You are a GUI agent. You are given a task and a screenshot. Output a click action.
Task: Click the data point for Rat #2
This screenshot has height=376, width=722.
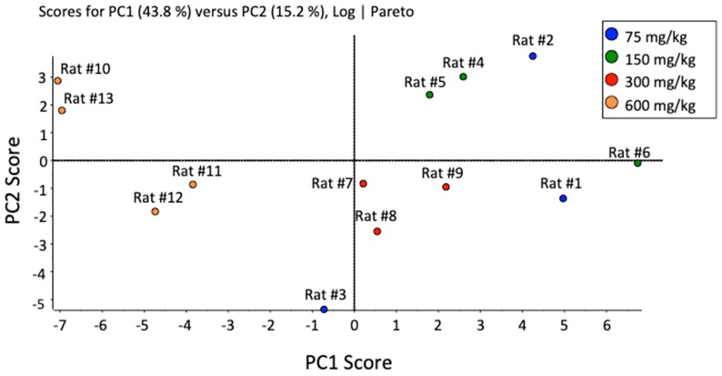coord(533,56)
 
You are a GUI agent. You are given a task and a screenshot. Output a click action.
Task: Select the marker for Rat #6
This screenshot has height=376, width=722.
coord(638,163)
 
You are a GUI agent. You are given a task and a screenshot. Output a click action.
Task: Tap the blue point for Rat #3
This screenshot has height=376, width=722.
coord(324,310)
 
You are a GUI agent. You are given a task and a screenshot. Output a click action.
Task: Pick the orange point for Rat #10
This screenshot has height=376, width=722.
coord(57,81)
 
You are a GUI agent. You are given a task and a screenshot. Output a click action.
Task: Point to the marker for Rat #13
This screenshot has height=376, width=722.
coord(62,111)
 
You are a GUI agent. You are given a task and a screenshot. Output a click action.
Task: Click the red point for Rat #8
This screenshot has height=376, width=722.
coord(377,231)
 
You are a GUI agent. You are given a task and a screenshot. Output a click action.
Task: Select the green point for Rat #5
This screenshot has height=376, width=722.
coord(429,95)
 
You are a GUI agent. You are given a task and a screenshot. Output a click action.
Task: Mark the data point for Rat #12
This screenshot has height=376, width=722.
coord(155,212)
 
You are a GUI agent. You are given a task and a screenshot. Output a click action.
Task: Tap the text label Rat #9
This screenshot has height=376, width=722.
coord(443,172)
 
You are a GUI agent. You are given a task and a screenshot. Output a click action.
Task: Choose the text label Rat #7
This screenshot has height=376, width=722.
coord(332,184)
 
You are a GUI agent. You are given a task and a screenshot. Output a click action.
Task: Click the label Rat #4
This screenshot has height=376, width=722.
coord(464,63)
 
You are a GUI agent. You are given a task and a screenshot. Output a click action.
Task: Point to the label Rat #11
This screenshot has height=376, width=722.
coord(197,170)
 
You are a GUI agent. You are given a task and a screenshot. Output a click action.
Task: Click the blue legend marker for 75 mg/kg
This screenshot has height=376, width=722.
coord(614,36)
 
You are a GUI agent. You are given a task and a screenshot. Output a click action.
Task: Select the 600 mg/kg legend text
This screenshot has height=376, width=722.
coord(662,107)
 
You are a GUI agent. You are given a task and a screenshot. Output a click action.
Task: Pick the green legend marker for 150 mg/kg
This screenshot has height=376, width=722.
coord(614,59)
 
